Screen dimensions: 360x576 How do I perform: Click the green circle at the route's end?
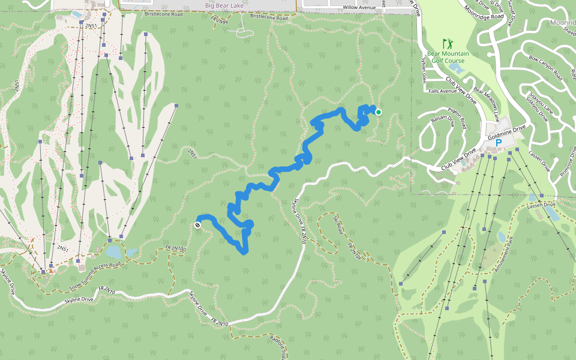tap(379, 112)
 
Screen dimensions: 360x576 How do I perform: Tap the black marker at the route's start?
tap(198, 225)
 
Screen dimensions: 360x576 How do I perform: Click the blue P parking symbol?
tap(498, 144)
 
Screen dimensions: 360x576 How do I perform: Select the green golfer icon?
tap(446, 43)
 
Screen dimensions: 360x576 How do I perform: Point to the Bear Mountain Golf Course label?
tap(446, 56)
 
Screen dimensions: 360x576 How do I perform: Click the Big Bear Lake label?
tap(226, 5)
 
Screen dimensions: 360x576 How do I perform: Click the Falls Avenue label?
tap(443, 92)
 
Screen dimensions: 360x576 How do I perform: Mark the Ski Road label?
tap(339, 224)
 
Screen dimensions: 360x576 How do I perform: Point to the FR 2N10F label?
tap(356, 251)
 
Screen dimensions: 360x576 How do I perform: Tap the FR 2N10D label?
tap(176, 248)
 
